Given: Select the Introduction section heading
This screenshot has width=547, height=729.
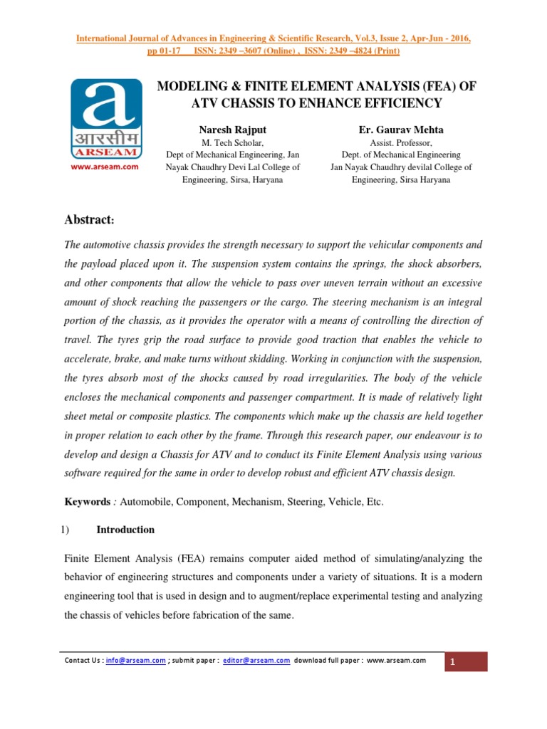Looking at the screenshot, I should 125,530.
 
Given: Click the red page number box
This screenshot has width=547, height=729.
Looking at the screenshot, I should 466,663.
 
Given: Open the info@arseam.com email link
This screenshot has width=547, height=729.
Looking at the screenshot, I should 135,661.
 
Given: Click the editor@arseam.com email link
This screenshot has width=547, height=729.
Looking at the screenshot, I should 256,661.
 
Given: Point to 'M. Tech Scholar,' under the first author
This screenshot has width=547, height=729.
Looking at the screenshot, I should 232,142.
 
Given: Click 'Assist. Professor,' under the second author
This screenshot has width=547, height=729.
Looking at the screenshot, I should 401,142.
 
